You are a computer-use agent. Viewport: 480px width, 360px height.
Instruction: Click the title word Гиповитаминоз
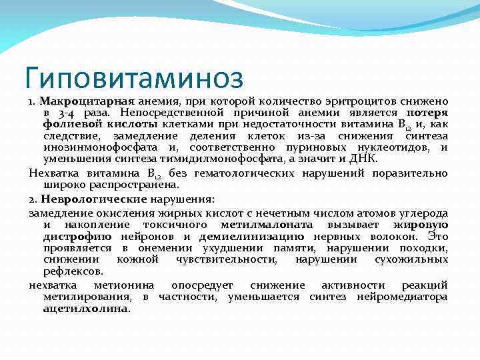(133, 79)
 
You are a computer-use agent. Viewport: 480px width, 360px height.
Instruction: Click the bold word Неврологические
(93, 198)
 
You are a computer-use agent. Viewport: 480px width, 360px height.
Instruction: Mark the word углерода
(423, 213)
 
